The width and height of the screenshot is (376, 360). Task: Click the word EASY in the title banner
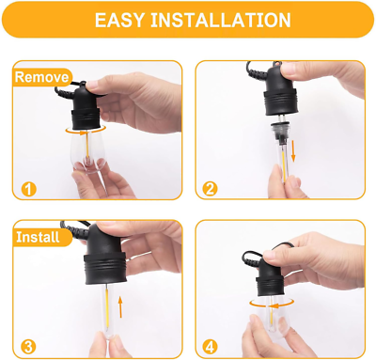(x=119, y=21)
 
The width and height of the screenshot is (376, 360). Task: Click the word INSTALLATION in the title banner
(x=221, y=21)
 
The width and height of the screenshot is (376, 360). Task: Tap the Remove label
(x=41, y=77)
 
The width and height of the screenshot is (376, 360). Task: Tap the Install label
(x=38, y=237)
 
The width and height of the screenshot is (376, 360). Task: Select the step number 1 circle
(x=28, y=189)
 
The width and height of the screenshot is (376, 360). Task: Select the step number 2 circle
(x=210, y=189)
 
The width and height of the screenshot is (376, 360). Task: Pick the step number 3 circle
(x=28, y=347)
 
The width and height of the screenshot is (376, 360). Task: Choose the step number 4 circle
(x=210, y=347)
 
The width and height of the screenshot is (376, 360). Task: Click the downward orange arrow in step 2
(x=293, y=151)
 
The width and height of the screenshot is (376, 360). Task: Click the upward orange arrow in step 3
(x=120, y=307)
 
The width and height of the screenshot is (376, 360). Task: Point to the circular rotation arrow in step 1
(x=86, y=130)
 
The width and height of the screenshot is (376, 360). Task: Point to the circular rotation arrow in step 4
(x=272, y=303)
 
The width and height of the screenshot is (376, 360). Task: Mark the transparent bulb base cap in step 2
(x=281, y=132)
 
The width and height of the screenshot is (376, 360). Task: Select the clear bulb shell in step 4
(x=270, y=317)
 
